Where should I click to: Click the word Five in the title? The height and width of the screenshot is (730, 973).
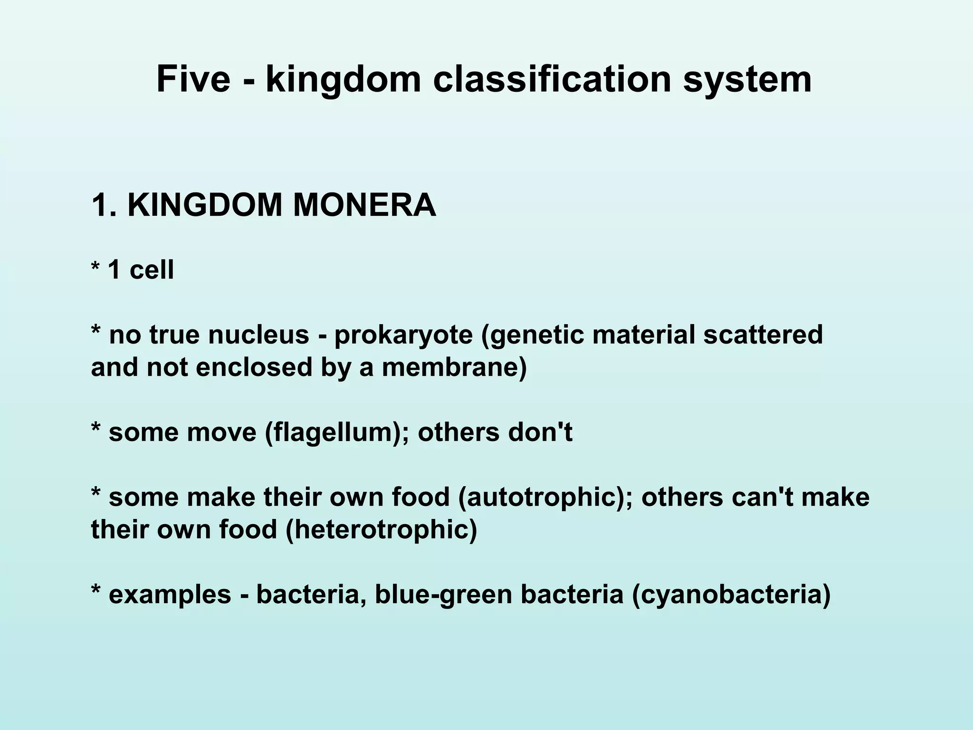click(x=193, y=79)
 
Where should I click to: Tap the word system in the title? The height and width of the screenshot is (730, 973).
click(x=747, y=80)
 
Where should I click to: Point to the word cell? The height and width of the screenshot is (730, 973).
click(x=152, y=269)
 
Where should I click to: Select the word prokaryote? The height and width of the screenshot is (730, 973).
click(x=403, y=336)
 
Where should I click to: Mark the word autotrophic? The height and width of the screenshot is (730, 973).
click(x=546, y=497)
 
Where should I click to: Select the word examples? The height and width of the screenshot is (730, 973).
click(x=170, y=595)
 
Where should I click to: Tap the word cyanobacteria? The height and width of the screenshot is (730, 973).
click(x=731, y=595)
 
